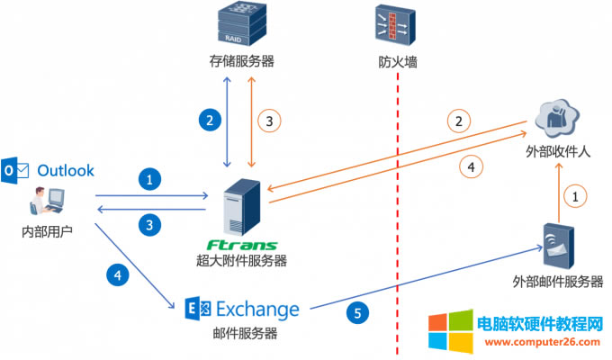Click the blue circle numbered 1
(x=152, y=180)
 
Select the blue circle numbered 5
(x=357, y=313)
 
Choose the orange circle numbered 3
(x=267, y=118)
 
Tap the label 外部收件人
(x=558, y=152)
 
